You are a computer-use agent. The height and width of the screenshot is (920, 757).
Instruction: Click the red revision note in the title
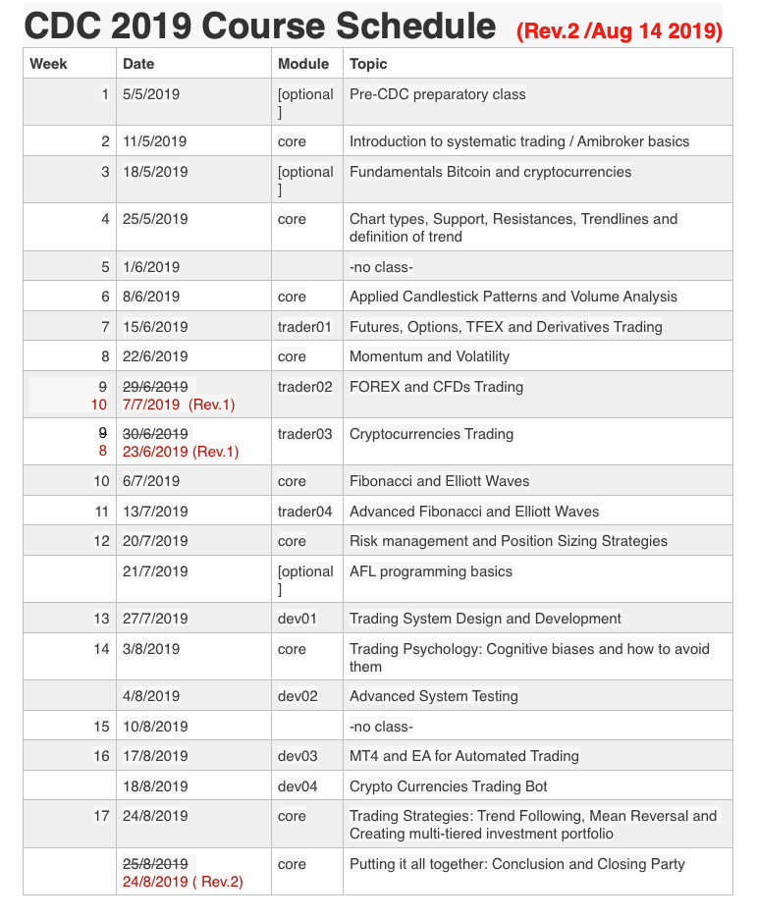pyautogui.click(x=620, y=31)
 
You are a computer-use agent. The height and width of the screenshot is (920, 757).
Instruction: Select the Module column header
pyautogui.click(x=303, y=64)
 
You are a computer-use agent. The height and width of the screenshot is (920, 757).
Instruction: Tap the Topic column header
pyautogui.click(x=368, y=64)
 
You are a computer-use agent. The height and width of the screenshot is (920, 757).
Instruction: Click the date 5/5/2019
pyautogui.click(x=151, y=94)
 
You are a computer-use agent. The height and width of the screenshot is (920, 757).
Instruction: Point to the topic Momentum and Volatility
pyautogui.click(x=429, y=356)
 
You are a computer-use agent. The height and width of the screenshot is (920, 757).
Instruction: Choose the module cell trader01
pyautogui.click(x=305, y=326)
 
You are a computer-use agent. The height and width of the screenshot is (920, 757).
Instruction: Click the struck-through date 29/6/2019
pyautogui.click(x=155, y=386)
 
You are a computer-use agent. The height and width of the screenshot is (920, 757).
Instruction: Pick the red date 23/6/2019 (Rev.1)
pyautogui.click(x=181, y=452)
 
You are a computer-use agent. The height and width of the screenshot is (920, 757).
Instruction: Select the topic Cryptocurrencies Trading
pyautogui.click(x=431, y=434)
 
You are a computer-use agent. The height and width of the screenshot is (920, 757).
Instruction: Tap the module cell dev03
pyautogui.click(x=297, y=756)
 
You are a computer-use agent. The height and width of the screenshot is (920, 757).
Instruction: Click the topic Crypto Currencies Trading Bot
pyautogui.click(x=448, y=785)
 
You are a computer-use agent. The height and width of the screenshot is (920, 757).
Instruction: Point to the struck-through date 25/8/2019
pyautogui.click(x=155, y=864)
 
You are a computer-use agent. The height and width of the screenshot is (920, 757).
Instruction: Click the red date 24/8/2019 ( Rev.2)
pyautogui.click(x=183, y=882)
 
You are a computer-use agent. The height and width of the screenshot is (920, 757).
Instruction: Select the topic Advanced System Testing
pyautogui.click(x=434, y=696)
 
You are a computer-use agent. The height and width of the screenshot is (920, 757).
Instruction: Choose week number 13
pyautogui.click(x=101, y=619)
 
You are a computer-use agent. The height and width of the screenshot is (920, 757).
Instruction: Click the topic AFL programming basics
pyautogui.click(x=431, y=571)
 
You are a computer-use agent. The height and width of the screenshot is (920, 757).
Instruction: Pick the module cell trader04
pyautogui.click(x=305, y=511)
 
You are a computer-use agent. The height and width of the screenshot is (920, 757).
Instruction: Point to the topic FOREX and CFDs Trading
pyautogui.click(x=436, y=386)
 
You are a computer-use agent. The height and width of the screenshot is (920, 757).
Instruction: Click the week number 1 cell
pyautogui.click(x=105, y=94)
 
